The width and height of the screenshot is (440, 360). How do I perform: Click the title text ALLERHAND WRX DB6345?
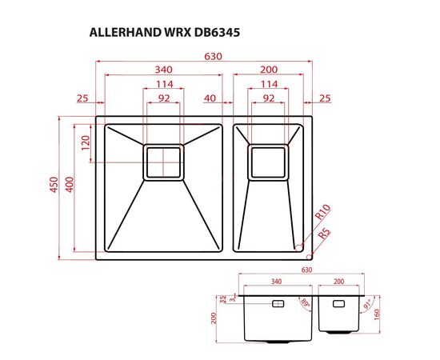(x=164, y=34)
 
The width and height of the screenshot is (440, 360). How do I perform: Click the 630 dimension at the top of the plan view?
(x=213, y=56)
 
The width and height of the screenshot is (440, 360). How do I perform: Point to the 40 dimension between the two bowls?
(x=210, y=98)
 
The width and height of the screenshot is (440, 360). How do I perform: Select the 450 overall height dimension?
(x=54, y=186)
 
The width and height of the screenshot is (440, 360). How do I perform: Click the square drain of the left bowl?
(x=163, y=162)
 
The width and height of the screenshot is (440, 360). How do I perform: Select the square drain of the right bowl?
(x=269, y=162)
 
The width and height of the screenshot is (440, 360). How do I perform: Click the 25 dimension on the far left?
(x=82, y=98)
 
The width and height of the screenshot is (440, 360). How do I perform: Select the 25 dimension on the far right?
(x=324, y=98)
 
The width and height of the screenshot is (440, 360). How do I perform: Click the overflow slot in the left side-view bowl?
(x=278, y=303)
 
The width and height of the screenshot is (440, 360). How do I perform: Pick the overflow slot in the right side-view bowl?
(x=338, y=303)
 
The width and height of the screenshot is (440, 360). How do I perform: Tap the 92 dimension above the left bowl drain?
(x=163, y=98)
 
